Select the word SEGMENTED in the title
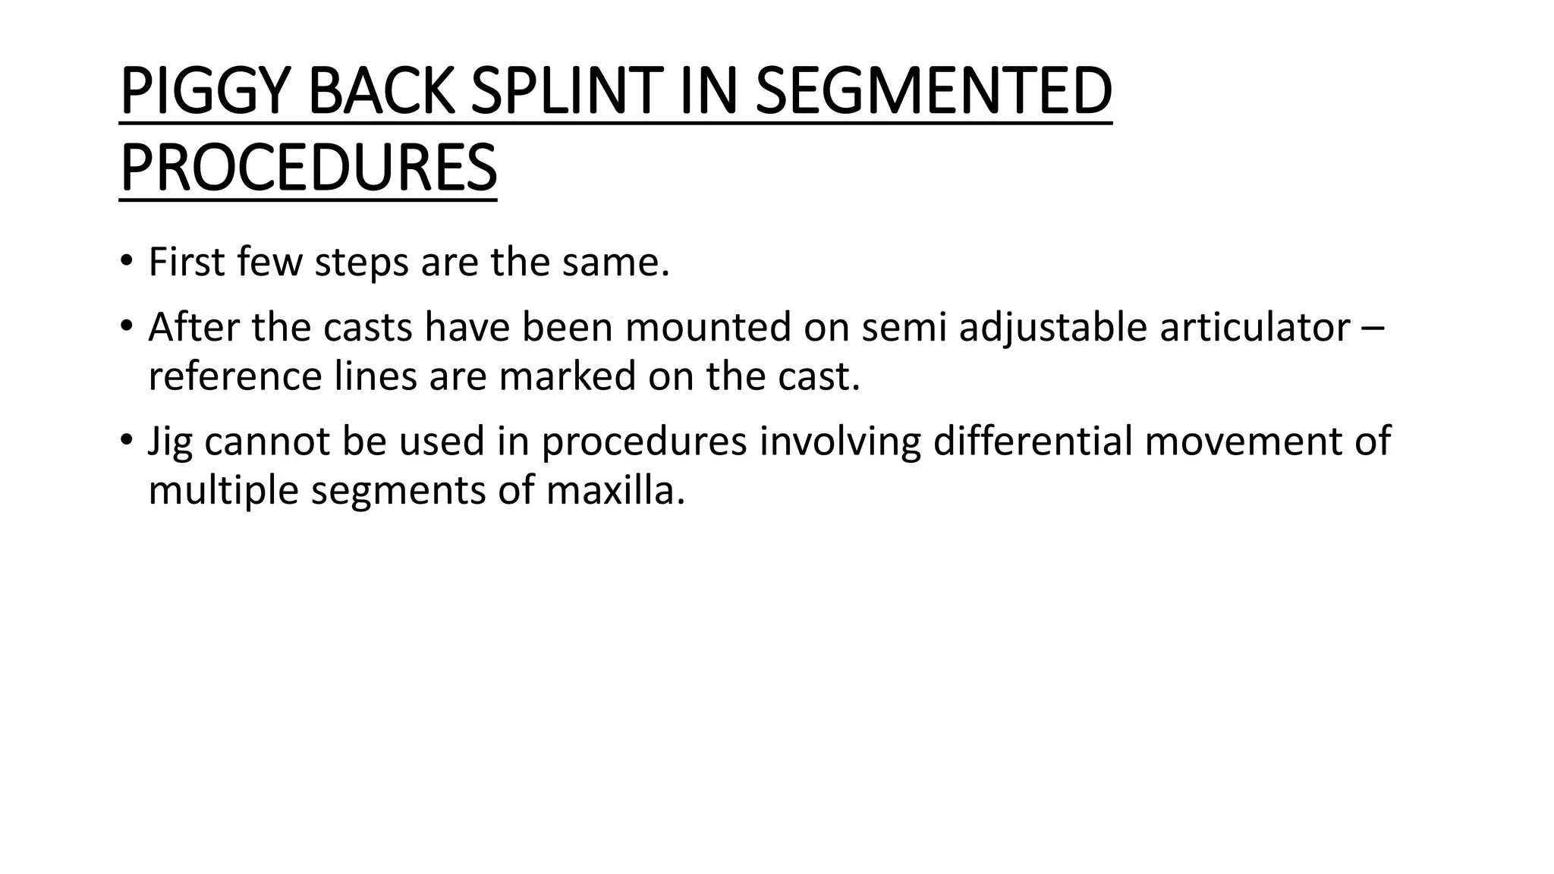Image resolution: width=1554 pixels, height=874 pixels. (x=933, y=93)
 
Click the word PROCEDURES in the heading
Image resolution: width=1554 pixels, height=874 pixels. (x=308, y=168)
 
